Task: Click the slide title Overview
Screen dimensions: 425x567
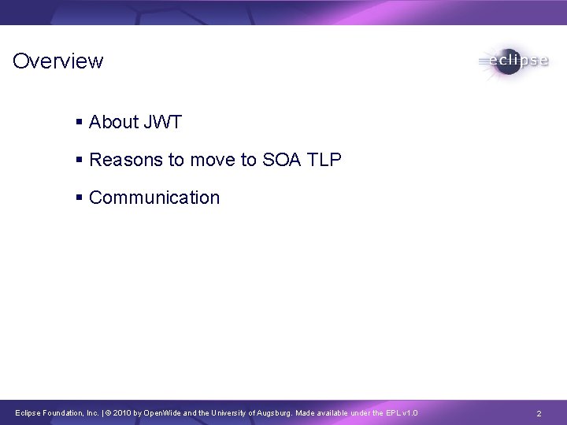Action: [58, 61]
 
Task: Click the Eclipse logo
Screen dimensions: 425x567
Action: [512, 61]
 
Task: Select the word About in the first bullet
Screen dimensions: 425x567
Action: [113, 122]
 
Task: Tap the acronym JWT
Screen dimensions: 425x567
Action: [162, 122]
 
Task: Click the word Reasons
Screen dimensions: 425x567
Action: [123, 160]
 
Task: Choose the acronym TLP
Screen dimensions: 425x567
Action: [325, 160]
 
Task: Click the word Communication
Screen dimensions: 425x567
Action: [154, 198]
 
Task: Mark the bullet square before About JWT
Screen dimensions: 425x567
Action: [79, 123]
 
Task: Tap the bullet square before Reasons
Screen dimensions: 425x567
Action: [79, 161]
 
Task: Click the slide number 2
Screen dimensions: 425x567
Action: [539, 413]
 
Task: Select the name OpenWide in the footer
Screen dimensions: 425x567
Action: [163, 413]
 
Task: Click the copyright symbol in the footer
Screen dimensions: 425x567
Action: [109, 413]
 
